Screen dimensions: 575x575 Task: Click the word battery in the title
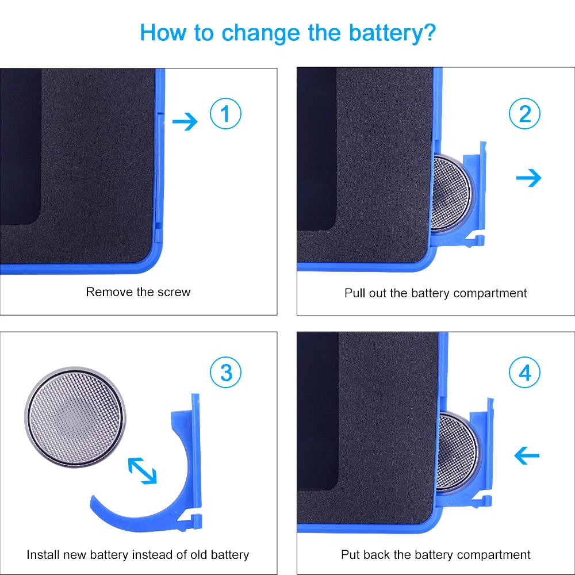coord(383,33)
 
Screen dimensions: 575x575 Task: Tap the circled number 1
coord(225,113)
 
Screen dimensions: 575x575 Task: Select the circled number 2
coord(524,113)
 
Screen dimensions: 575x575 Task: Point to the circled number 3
coord(225,372)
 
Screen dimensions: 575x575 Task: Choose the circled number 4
coord(524,372)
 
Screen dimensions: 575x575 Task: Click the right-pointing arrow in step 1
coord(185,121)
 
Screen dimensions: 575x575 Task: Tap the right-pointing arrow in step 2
coord(528,178)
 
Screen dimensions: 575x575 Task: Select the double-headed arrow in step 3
coord(142,470)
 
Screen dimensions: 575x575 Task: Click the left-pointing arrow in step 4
coord(527,455)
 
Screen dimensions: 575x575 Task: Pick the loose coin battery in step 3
coord(75,417)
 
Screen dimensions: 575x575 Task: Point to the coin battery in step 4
coord(457,451)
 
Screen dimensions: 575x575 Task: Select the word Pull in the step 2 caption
coord(355,293)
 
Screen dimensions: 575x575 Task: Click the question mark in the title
coord(429,32)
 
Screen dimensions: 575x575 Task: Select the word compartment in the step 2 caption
coord(490,294)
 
